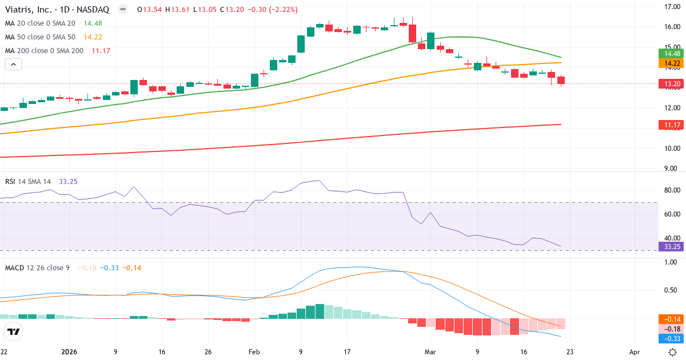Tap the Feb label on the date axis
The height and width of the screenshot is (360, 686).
[x=254, y=352]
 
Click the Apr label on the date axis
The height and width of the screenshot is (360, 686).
[x=635, y=352]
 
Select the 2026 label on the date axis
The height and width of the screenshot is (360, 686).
[x=69, y=352]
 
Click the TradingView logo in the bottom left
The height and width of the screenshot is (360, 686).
[x=14, y=332]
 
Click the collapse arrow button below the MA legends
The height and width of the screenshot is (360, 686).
[x=13, y=65]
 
